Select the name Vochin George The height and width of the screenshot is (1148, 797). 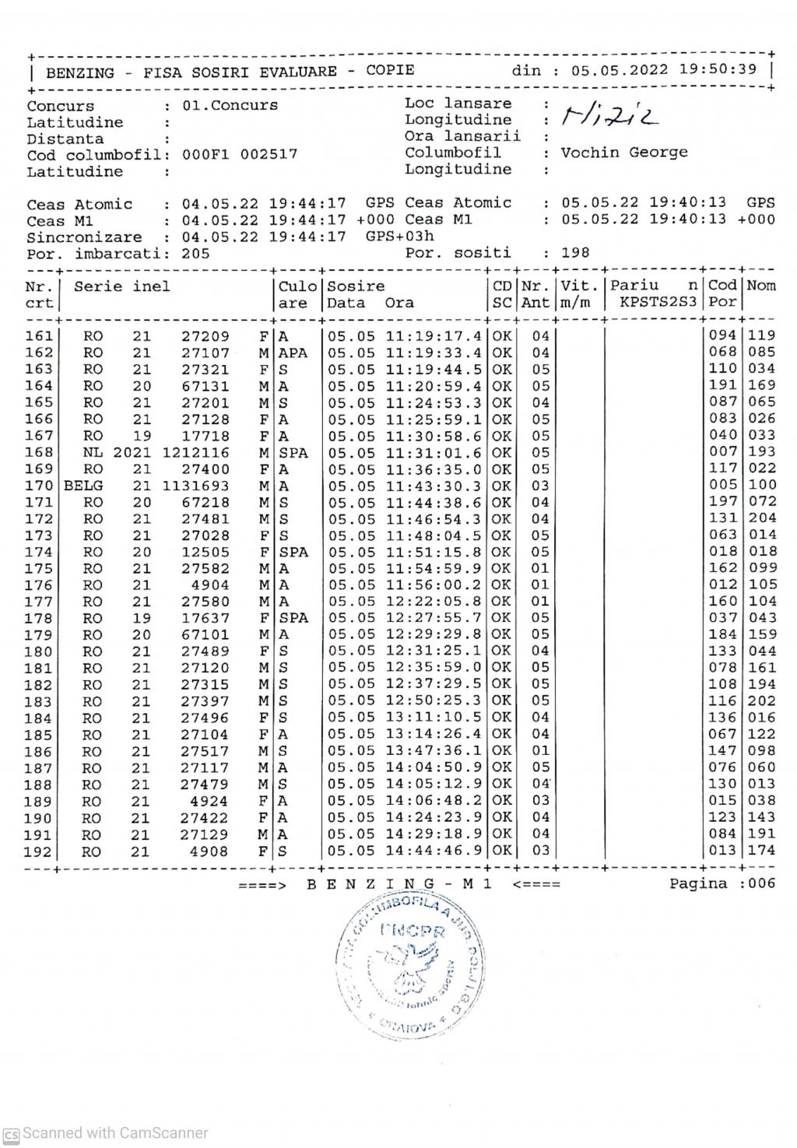[624, 153]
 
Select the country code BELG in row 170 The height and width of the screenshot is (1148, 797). [83, 486]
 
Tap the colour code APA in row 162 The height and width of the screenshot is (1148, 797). [293, 353]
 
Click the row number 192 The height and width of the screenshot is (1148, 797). [38, 851]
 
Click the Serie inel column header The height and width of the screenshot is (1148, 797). [121, 286]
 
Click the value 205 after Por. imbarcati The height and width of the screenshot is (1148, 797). [196, 253]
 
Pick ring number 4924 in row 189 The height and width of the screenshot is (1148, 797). [209, 802]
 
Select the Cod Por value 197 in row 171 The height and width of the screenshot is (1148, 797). [722, 502]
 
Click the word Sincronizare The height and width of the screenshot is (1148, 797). [84, 237]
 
